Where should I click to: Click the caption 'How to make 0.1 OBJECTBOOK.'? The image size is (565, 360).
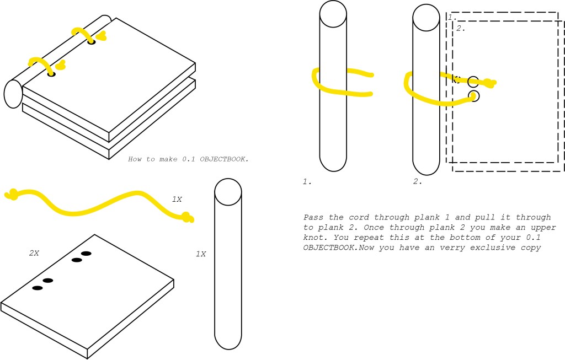tap(188, 159)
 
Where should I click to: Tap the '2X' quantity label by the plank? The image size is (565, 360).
tap(34, 254)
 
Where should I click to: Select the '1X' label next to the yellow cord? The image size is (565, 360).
tap(177, 199)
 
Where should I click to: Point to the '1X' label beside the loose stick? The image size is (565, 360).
tap(201, 254)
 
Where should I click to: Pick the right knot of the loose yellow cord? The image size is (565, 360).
tap(187, 217)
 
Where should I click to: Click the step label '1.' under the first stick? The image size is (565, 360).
tap(307, 182)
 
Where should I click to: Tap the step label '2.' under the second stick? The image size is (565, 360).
tap(418, 182)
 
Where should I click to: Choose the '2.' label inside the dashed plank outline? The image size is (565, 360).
tap(461, 28)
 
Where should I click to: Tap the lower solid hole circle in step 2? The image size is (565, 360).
tap(474, 96)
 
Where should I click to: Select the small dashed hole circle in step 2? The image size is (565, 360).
tap(457, 79)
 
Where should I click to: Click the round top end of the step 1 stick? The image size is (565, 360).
tap(333, 14)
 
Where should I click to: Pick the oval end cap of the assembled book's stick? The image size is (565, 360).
tap(13, 94)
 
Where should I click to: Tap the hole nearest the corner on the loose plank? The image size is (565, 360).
tap(38, 288)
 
